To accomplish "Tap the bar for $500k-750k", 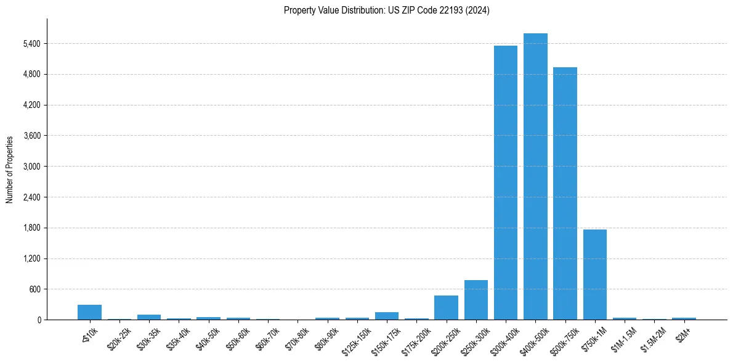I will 565,194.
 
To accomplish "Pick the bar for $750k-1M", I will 595,275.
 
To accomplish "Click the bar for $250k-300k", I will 476,300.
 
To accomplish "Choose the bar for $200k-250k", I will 446,307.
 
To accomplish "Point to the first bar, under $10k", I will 89,312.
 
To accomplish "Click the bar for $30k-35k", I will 149,317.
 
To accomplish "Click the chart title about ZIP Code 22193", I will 387,10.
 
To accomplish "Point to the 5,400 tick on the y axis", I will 31,44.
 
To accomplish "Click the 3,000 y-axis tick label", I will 31,167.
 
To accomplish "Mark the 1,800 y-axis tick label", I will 31,228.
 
